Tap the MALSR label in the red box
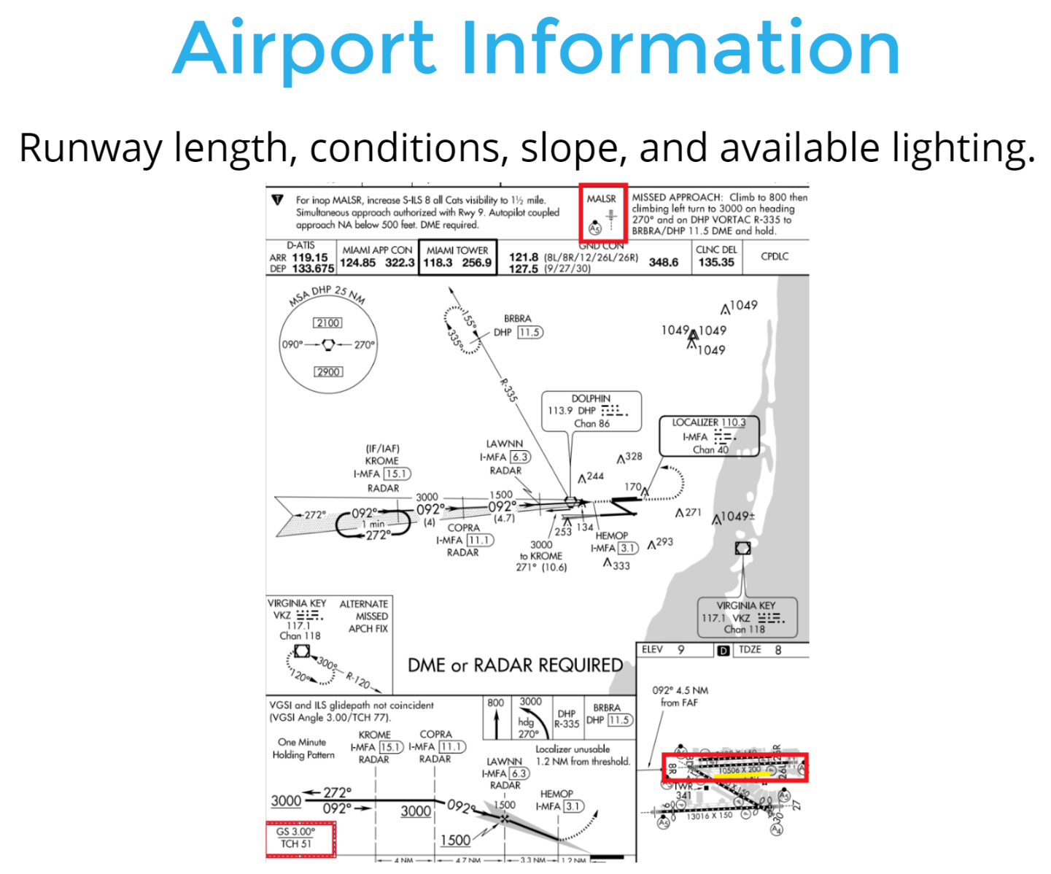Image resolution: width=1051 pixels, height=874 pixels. [x=601, y=198]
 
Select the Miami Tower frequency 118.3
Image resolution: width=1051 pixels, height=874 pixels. [x=438, y=263]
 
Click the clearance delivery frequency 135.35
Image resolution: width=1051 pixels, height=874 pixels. [x=715, y=262]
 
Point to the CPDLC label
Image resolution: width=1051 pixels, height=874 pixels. [x=774, y=256]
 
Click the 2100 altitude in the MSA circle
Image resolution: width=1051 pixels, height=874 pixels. [x=327, y=322]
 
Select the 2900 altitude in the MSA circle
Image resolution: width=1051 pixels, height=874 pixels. [x=328, y=371]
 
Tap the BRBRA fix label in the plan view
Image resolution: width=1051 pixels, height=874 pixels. [x=517, y=319]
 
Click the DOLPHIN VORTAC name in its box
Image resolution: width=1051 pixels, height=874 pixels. [x=591, y=398]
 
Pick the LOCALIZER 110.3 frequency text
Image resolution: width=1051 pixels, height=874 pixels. [x=708, y=422]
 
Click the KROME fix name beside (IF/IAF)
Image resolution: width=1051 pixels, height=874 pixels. [x=381, y=461]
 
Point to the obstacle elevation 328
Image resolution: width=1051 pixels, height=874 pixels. [x=634, y=456]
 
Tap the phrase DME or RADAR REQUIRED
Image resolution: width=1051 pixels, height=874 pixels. [x=515, y=665]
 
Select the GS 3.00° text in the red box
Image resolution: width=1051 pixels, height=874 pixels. [x=295, y=832]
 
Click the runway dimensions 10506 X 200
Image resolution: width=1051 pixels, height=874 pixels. [x=739, y=770]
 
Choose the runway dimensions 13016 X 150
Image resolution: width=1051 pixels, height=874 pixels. [x=709, y=816]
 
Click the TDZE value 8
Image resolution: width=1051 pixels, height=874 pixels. [x=778, y=650]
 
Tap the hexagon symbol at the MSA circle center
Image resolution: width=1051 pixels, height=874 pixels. [x=328, y=344]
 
